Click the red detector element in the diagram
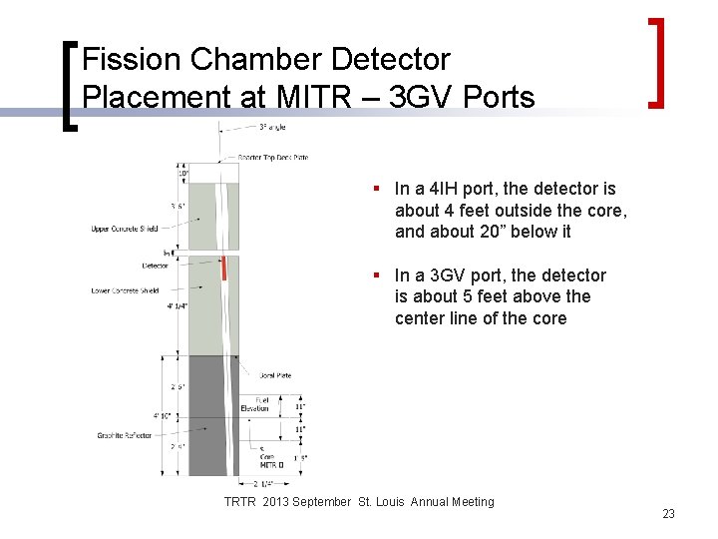coord(225,268)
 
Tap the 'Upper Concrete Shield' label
coord(125,230)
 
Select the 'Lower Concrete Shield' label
coord(125,290)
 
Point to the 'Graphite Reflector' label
coord(125,435)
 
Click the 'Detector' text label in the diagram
coord(155,267)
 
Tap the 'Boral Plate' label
coord(274,375)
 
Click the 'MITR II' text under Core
coord(271,465)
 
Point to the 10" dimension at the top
coord(182,174)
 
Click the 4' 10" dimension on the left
coord(163,415)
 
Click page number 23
coord(668,514)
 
